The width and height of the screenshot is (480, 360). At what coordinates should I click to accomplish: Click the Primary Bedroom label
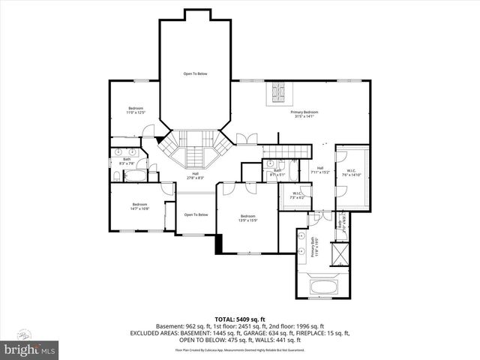[305, 114]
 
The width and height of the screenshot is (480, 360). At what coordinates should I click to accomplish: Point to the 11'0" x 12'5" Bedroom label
[136, 109]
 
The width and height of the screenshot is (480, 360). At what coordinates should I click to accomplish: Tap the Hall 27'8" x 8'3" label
[195, 175]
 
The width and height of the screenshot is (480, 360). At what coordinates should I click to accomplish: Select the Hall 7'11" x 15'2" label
[320, 169]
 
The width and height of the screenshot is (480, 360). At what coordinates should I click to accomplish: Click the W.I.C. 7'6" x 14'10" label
[352, 172]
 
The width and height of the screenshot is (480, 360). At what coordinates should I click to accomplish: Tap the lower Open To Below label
[196, 214]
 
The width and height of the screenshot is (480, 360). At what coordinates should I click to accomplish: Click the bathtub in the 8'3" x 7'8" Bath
[136, 175]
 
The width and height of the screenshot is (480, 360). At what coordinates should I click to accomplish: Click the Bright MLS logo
[30, 349]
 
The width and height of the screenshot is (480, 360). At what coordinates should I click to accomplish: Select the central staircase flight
[193, 154]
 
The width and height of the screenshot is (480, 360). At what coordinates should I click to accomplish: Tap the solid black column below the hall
[218, 243]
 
